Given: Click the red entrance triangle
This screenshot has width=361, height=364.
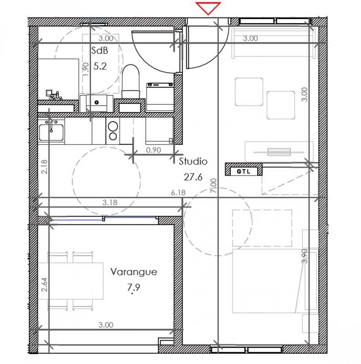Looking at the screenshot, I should pyautogui.click(x=208, y=8).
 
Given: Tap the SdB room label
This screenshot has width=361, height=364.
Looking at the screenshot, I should pyautogui.click(x=99, y=51).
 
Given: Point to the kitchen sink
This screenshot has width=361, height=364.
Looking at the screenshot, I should pyautogui.click(x=51, y=131).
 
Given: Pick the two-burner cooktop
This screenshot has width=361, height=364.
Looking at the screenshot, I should pyautogui.click(x=112, y=131).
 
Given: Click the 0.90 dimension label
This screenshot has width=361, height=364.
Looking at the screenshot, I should pyautogui.click(x=154, y=149).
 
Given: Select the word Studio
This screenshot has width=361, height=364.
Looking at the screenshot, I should pyautogui.click(x=193, y=161).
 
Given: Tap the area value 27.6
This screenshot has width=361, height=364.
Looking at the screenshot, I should pyautogui.click(x=193, y=177).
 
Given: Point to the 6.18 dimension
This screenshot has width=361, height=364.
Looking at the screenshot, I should pyautogui.click(x=178, y=192).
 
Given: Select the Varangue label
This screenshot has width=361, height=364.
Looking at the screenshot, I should pyautogui.click(x=134, y=272).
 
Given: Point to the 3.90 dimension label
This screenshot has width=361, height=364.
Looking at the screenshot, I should pyautogui.click(x=305, y=256).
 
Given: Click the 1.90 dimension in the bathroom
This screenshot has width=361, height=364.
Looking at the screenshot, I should pyautogui.click(x=85, y=71).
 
